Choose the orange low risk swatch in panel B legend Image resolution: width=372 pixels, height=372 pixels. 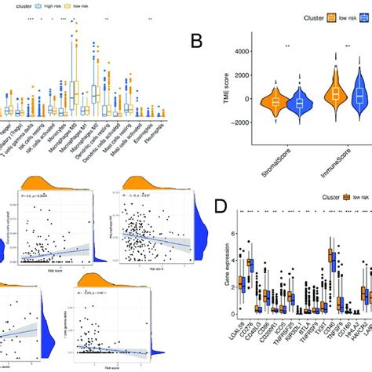pos(334,16)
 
